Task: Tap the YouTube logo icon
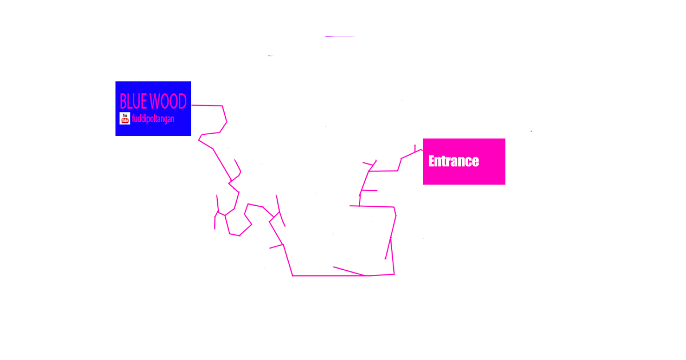(125, 118)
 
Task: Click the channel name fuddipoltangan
(153, 119)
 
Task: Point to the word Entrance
(453, 161)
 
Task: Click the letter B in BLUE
(123, 101)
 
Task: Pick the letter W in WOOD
(155, 101)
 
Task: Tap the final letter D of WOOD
(182, 101)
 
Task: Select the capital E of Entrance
(432, 161)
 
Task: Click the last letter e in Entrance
(476, 162)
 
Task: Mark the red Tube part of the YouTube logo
(125, 121)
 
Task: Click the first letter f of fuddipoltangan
(133, 118)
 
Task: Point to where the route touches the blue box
(192, 105)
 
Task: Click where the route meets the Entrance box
(422, 150)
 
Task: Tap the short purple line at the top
(340, 37)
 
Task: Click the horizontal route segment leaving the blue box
(207, 106)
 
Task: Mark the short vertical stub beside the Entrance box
(415, 149)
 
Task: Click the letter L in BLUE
(130, 101)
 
